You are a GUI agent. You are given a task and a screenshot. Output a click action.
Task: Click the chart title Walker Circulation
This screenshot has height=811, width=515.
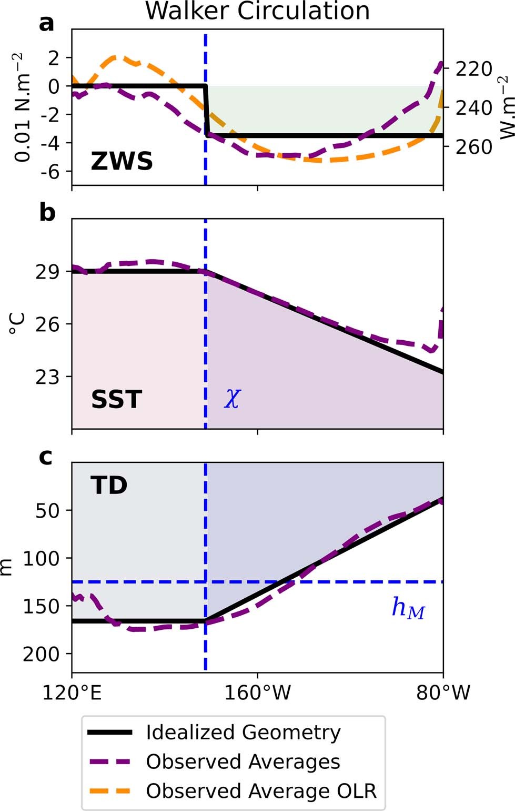257,11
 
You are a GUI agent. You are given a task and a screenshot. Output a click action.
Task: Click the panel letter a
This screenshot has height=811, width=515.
47,23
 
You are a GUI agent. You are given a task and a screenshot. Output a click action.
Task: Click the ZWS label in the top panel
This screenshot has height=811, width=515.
122,161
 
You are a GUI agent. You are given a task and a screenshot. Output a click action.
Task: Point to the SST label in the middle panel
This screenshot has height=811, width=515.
116,399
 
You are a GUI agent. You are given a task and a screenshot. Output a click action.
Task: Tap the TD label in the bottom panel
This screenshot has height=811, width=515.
109,485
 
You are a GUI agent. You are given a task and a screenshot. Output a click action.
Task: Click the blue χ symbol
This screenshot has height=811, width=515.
232,399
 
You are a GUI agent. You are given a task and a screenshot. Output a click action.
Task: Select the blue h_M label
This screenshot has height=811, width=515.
408,608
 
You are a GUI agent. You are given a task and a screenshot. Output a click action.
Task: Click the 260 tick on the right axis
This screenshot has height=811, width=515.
473,147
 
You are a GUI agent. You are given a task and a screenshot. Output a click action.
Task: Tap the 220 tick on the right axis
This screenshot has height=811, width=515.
473,69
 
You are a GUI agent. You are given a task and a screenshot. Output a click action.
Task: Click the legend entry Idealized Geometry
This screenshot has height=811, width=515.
243,732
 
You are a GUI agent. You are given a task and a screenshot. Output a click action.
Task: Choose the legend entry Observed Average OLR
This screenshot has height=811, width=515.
261,791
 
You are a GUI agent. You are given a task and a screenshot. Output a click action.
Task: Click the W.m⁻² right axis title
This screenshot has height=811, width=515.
506,108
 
